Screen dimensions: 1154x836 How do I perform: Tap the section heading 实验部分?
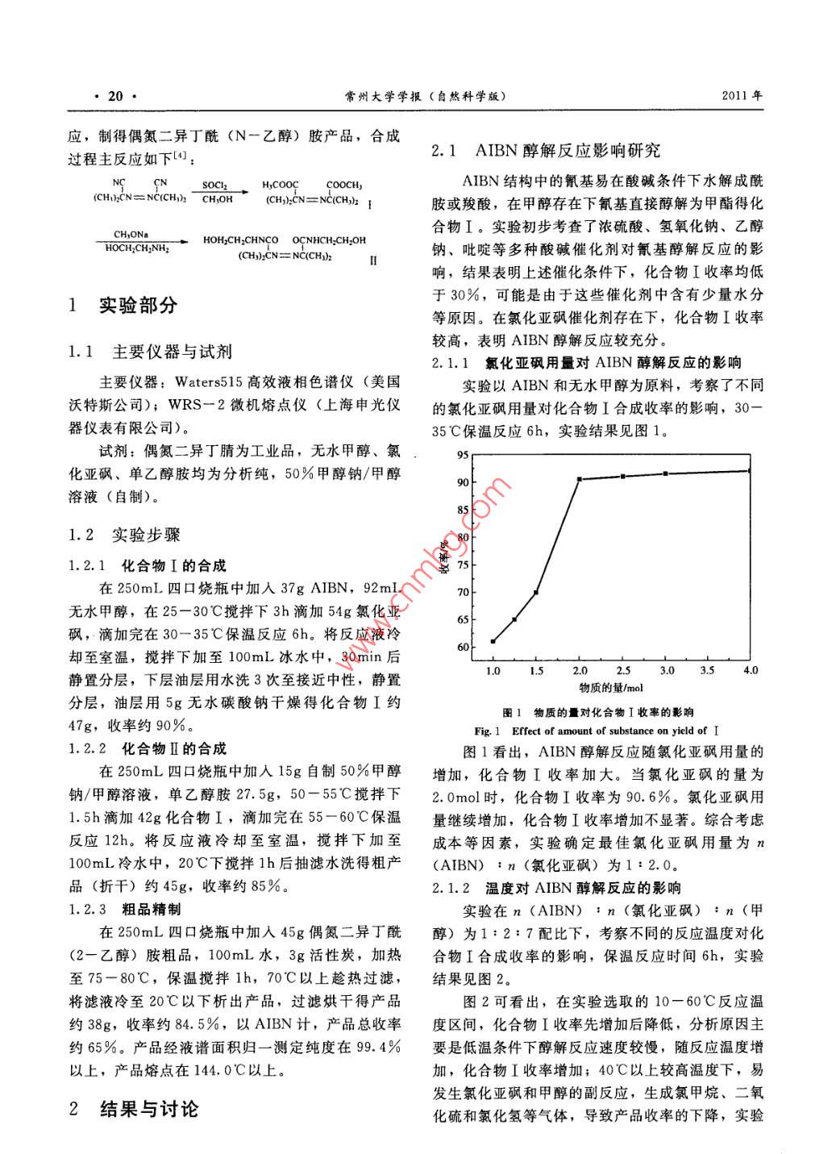point(137,305)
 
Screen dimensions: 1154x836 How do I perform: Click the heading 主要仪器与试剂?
point(172,351)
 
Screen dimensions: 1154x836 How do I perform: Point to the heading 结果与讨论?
point(148,1109)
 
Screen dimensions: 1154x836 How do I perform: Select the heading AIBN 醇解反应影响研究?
point(568,150)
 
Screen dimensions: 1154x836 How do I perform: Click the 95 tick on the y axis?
point(463,455)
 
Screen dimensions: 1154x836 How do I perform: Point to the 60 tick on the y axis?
point(463,647)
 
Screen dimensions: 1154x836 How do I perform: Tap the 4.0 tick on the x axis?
point(751,670)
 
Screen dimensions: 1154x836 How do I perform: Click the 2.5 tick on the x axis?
point(623,670)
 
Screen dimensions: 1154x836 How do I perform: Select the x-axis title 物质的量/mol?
point(611,688)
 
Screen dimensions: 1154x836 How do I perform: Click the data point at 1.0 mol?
point(493,641)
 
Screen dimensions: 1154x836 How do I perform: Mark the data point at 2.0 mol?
point(580,479)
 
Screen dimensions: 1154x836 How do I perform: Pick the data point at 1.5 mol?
point(536,592)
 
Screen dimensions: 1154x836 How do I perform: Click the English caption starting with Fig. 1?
point(596,731)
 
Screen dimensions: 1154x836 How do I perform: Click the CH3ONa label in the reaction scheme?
point(131,235)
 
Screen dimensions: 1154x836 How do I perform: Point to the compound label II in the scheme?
point(373,260)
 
